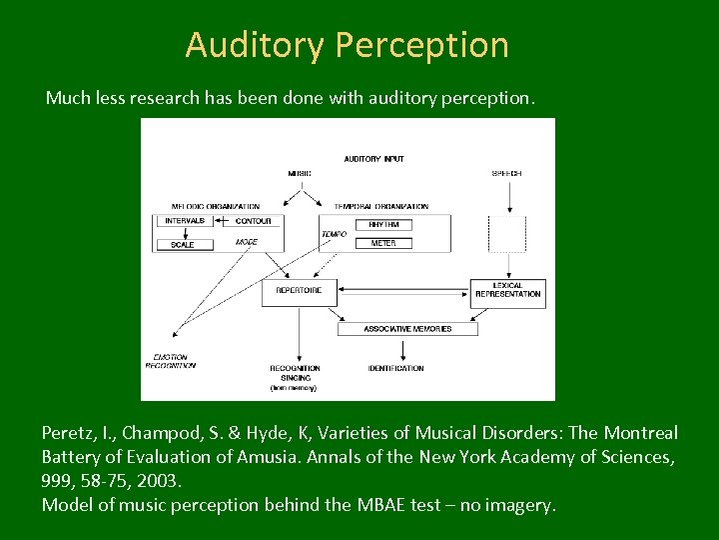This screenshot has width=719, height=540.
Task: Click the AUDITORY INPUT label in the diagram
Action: (x=373, y=159)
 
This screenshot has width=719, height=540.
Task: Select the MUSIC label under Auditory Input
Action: (x=300, y=173)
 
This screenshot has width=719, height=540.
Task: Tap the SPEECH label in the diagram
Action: (x=506, y=173)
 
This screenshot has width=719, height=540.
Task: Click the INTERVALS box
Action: (x=185, y=220)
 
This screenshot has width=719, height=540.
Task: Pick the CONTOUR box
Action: (x=253, y=220)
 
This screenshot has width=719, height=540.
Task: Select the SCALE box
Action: (x=183, y=244)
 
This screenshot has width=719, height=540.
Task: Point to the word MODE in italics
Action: (x=246, y=242)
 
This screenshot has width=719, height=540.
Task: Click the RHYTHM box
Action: (x=382, y=225)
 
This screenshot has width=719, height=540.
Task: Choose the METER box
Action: (x=382, y=243)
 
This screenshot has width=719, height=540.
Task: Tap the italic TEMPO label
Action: (x=334, y=234)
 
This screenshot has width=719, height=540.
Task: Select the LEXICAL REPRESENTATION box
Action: (x=507, y=290)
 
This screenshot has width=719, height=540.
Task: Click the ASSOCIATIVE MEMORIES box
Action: (x=407, y=328)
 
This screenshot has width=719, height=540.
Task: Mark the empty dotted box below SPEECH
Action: (x=506, y=234)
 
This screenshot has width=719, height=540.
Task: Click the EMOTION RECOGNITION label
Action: (x=170, y=361)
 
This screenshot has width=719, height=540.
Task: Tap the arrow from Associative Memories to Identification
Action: (x=402, y=348)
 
